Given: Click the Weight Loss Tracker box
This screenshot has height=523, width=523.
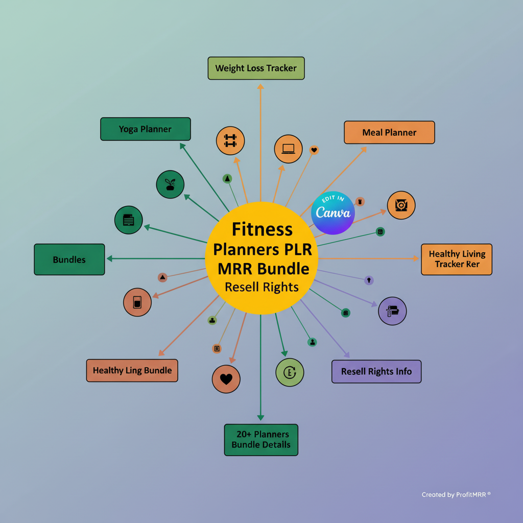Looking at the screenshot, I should tap(256, 68).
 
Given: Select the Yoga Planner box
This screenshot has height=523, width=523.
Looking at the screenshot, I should tap(145, 129).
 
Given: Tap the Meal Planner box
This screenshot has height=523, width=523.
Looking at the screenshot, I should tap(389, 132).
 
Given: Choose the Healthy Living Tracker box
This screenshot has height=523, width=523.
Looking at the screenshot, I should tap(457, 259).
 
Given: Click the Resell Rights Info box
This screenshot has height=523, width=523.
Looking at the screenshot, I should tap(376, 371).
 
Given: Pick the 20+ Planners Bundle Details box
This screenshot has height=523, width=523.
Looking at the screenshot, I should tap(261, 439).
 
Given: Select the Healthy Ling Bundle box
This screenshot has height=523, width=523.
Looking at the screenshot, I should tap(132, 370).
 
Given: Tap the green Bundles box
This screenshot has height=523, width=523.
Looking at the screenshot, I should tap(69, 259).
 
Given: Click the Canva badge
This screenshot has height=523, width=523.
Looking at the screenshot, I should tap(333, 213).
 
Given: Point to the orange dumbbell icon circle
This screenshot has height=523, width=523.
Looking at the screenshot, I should tap(230, 140).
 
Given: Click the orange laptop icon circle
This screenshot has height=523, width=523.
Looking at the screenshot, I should tap(288, 149).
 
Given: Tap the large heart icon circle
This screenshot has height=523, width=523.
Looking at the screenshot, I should tap(226, 379).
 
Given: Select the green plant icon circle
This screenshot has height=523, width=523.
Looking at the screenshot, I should tap(170, 184).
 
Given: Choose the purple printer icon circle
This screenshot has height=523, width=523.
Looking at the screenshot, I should tap(392, 311).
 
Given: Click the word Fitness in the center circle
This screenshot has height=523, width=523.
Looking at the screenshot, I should tap(262, 229).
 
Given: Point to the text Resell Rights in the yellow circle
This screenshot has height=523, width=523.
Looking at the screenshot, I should tap(261, 287).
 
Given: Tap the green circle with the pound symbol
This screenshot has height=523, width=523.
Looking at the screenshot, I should tap(290, 372).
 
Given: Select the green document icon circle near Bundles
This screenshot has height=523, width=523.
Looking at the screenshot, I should tap(129, 220).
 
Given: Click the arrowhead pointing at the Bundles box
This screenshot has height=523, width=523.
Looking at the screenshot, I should tap(109, 259).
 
